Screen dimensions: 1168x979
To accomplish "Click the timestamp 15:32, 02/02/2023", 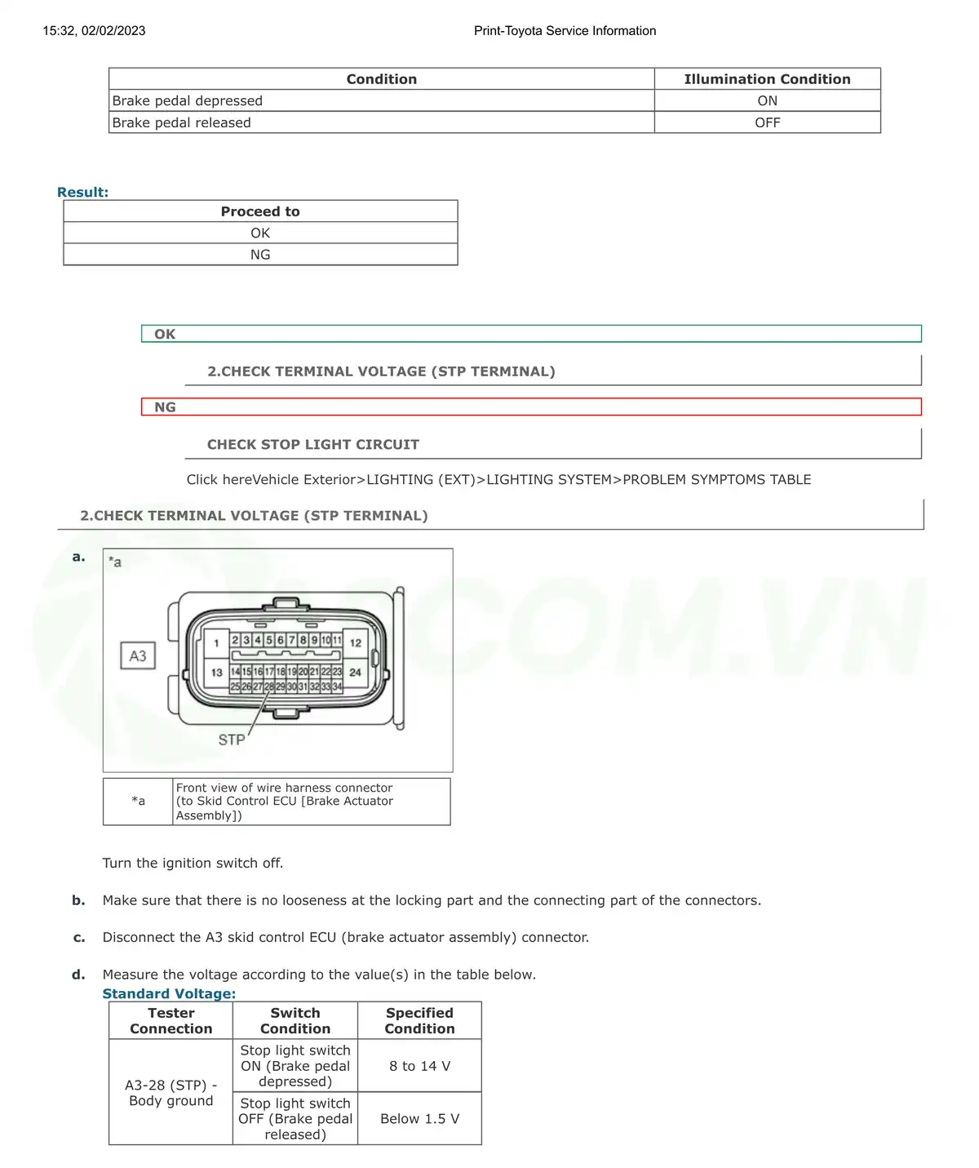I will click(94, 31).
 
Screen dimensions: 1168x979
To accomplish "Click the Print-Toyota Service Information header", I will click(565, 31).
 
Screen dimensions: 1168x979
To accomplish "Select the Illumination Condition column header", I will click(767, 79).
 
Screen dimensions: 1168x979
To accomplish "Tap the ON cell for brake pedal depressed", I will click(767, 101).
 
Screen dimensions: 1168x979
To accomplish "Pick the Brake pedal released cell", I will click(181, 123).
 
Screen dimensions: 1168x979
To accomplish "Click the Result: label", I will click(82, 193).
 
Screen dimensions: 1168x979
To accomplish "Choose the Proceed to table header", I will click(260, 211).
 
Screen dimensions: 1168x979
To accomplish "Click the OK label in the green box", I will click(165, 334).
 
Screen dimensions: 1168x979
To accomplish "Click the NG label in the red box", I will click(165, 407).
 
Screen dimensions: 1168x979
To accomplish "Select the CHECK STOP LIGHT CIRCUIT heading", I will click(312, 445).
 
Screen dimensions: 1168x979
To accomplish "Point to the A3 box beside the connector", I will click(138, 656).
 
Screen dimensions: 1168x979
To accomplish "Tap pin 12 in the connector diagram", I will click(356, 643).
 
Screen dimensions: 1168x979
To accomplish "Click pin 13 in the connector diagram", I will click(216, 673).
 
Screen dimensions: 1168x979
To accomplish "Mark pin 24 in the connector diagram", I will click(356, 673).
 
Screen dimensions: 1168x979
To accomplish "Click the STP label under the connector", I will click(231, 739).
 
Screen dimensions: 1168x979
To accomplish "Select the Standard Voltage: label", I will click(169, 994).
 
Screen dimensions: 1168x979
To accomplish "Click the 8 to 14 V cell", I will click(419, 1066).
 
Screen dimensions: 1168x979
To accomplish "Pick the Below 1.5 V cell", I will click(419, 1119).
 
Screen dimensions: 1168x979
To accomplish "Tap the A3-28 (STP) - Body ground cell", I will click(171, 1093).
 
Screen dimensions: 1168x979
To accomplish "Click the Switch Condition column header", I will click(295, 1021).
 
